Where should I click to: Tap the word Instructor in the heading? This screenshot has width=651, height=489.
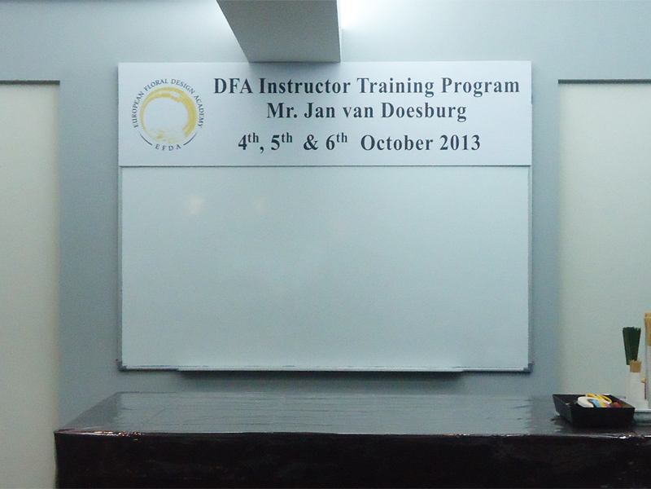[304, 86]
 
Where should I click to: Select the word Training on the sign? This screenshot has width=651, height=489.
[395, 86]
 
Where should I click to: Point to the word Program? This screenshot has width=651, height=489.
[480, 87]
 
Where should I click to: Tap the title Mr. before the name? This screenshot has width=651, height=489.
[282, 111]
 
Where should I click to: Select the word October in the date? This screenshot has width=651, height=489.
[396, 143]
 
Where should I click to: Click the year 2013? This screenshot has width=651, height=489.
[460, 143]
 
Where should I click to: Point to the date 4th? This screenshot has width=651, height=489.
[248, 141]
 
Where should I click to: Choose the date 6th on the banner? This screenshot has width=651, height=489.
[336, 141]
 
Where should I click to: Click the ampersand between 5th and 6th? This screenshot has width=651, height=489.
[311, 143]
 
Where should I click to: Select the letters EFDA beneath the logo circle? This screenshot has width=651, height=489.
[168, 147]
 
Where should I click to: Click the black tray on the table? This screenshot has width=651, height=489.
[593, 412]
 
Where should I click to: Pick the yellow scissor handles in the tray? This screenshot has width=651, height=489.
[599, 400]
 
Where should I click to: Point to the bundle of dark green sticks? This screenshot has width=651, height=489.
[631, 345]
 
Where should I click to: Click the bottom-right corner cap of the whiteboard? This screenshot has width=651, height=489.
[528, 368]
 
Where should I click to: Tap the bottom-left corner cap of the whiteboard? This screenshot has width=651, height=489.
[120, 365]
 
